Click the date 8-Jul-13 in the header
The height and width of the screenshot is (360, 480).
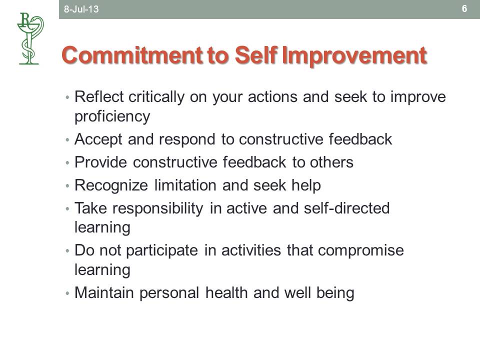pyautogui.click(x=81, y=9)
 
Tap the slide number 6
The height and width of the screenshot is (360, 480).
pyautogui.click(x=464, y=8)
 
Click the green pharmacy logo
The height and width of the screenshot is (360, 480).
pyautogui.click(x=30, y=38)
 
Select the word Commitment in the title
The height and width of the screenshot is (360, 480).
pyautogui.click(x=132, y=55)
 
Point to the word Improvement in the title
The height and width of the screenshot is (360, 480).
pyautogui.click(x=354, y=55)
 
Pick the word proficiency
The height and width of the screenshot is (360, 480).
pyautogui.click(x=112, y=116)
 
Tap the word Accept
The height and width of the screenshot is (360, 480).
pyautogui.click(x=98, y=139)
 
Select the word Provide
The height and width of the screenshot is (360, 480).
pyautogui.click(x=100, y=162)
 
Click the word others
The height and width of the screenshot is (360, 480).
pyautogui.click(x=331, y=162)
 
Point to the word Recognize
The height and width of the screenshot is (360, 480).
pyautogui.click(x=111, y=185)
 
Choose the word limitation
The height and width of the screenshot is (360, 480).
pyautogui.click(x=185, y=185)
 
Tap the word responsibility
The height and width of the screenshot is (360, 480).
pyautogui.click(x=158, y=208)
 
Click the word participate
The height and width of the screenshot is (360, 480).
pyautogui.click(x=162, y=250)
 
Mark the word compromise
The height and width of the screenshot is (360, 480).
pyautogui.click(x=361, y=250)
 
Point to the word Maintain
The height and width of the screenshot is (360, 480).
pyautogui.click(x=104, y=292)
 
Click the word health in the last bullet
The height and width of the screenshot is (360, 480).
pyautogui.click(x=226, y=292)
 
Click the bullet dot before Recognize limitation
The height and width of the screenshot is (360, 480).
pyautogui.click(x=67, y=186)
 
